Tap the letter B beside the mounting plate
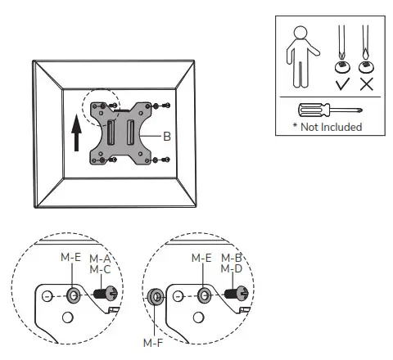167,137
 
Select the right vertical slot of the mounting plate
130,132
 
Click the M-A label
100,258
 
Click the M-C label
100,268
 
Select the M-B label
232,258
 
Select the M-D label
232,268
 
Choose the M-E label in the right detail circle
201,258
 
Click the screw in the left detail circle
106,294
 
